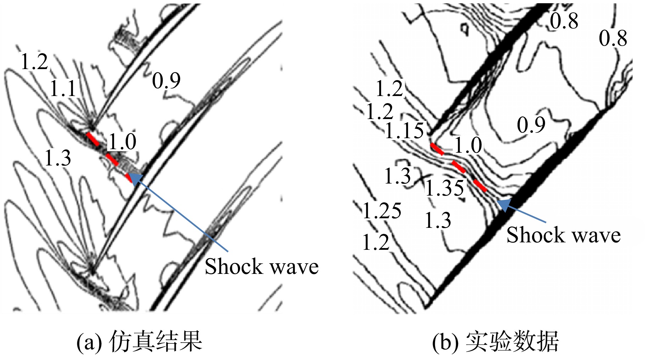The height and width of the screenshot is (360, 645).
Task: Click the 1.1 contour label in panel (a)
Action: click(63, 89)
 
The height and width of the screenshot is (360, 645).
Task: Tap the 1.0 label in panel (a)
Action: click(122, 142)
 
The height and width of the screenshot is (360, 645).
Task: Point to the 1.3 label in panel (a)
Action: click(58, 158)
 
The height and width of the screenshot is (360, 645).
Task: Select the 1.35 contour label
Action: click(444, 187)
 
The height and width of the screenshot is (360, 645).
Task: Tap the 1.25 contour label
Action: click(382, 211)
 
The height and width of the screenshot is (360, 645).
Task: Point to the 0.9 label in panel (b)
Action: click(531, 125)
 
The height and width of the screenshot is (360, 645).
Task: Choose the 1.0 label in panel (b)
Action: click(468, 145)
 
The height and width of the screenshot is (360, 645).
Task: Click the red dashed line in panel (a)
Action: click(110, 157)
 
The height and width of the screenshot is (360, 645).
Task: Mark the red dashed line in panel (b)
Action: click(458, 168)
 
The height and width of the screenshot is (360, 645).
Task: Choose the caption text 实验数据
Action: click(512, 341)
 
